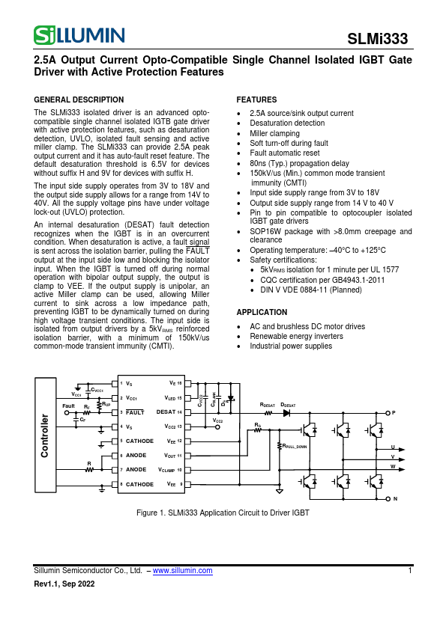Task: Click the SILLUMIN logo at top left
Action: [x=79, y=34]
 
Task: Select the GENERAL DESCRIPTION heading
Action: [x=79, y=100]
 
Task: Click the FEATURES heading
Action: [x=256, y=100]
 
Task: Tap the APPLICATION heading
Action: [x=262, y=312]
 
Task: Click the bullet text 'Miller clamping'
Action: [x=274, y=133]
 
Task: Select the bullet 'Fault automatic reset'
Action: [x=285, y=153]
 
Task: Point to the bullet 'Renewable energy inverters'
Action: [x=296, y=337]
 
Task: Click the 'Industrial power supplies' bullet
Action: [x=291, y=346]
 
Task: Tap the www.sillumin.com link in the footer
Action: [x=182, y=571]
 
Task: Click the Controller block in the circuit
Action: [x=45, y=435]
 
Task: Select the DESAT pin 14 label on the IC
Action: [x=169, y=412]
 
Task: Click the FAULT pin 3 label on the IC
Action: [x=135, y=412]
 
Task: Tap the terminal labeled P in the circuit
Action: [x=388, y=413]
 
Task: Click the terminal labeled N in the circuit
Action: [x=388, y=498]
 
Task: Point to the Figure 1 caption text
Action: [x=223, y=513]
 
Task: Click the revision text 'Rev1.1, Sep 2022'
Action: [x=64, y=584]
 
